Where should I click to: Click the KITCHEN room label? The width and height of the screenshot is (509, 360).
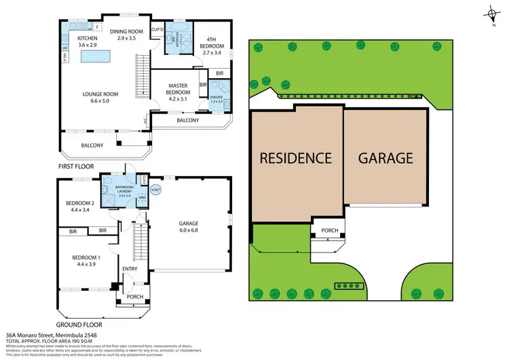[87, 38]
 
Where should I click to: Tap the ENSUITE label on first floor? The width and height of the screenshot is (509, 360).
[216, 99]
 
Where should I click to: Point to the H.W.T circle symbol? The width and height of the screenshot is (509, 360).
[156, 190]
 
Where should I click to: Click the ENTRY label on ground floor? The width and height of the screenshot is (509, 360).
[130, 269]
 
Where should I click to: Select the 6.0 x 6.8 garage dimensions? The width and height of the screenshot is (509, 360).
[189, 230]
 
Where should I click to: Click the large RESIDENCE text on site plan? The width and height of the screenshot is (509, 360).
[296, 158]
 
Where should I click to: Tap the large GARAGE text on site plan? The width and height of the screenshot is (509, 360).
[385, 158]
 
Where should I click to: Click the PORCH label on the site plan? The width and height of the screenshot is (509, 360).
[329, 230]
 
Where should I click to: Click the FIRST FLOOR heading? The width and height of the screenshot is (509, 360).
[77, 166]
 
